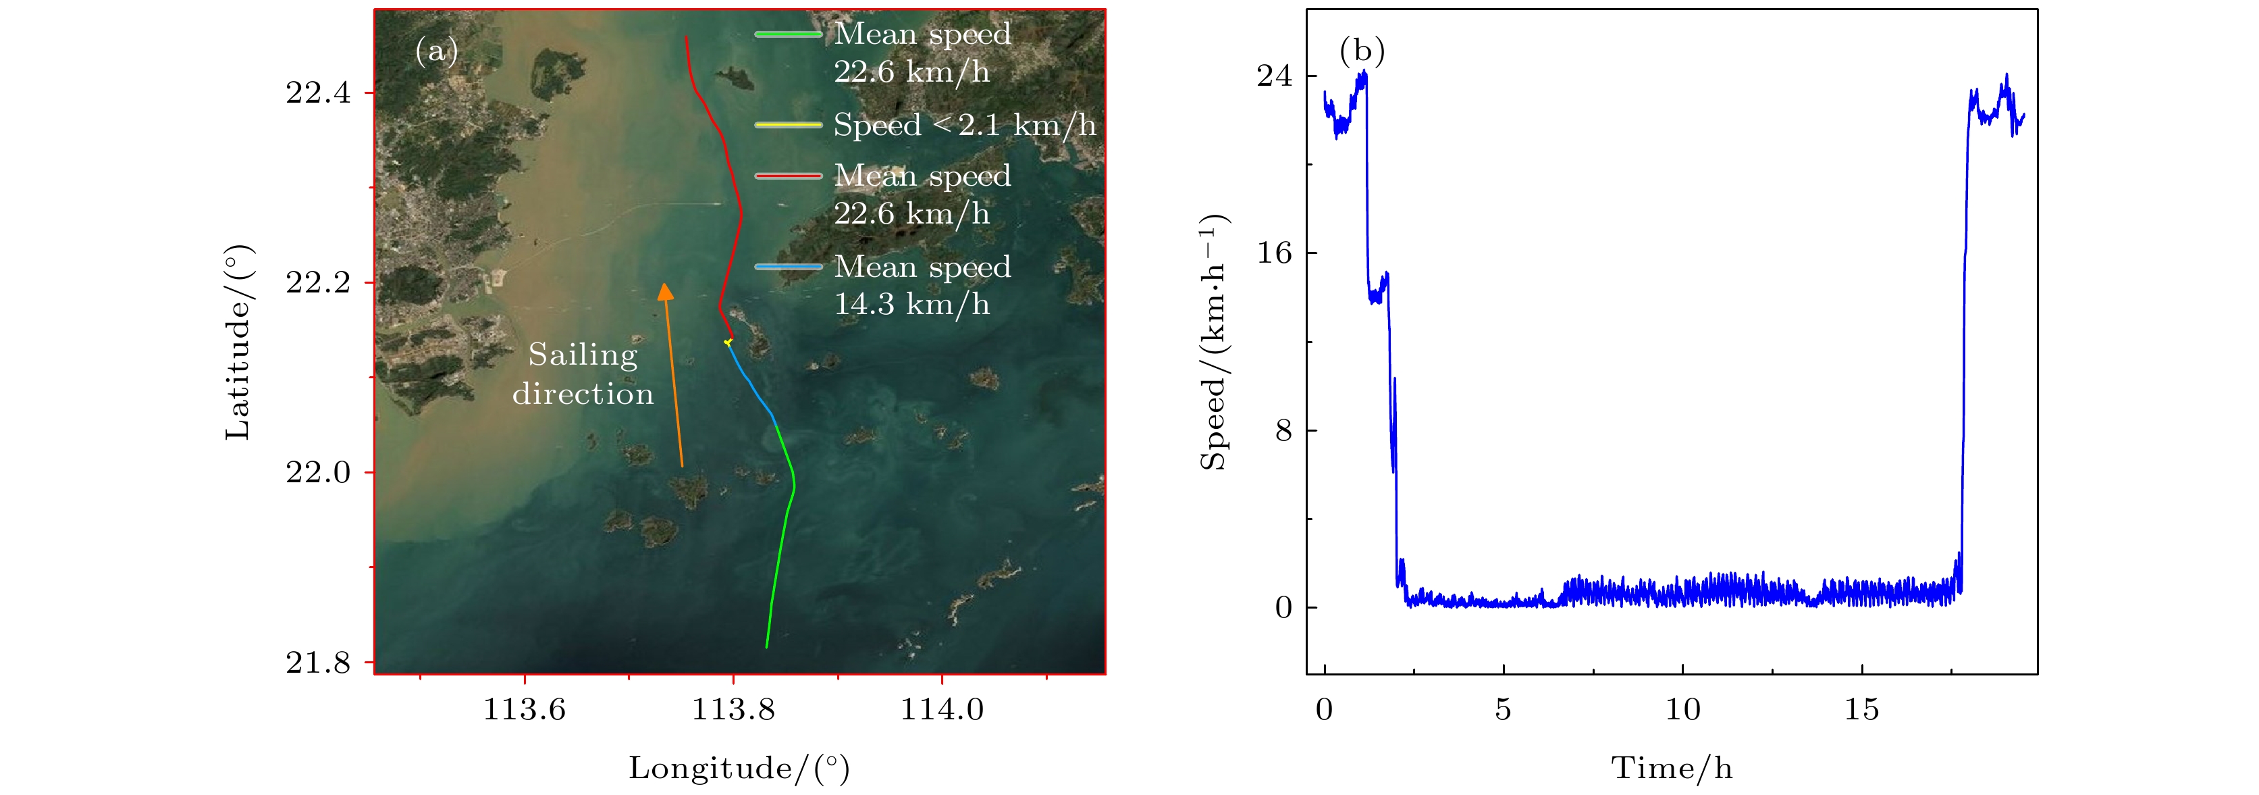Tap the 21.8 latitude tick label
(x=317, y=663)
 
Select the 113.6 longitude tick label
(x=525, y=709)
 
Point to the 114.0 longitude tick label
(x=942, y=709)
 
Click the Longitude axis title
(x=739, y=769)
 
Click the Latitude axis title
(x=238, y=342)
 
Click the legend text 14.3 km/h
(x=912, y=305)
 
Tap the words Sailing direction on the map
(x=583, y=374)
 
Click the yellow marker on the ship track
(x=728, y=342)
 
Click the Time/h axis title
(x=1672, y=769)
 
